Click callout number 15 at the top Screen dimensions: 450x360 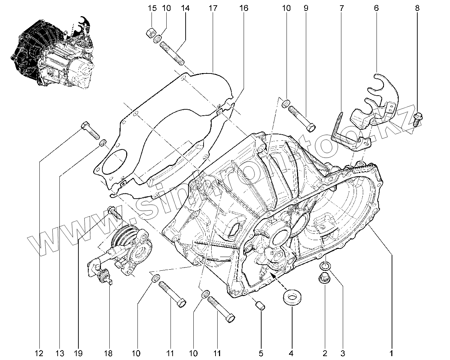152,8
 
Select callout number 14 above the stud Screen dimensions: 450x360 185,8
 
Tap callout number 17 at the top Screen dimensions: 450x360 213,8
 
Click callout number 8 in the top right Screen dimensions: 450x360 417,8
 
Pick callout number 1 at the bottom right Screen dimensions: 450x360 391,353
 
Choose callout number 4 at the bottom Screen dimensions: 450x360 291,353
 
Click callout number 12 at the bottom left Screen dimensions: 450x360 39,353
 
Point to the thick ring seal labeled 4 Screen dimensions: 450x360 291,297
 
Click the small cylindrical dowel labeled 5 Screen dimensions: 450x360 261,304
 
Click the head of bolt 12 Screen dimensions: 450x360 85,125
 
